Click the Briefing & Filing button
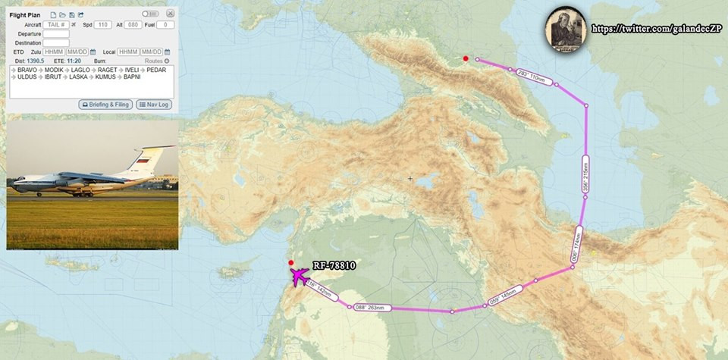coord(105,105)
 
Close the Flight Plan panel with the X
coord(170,14)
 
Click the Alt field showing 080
coord(132,25)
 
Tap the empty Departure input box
coord(56,34)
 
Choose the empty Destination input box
coord(56,43)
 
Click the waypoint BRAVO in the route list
coord(27,70)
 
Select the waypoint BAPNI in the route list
coord(132,77)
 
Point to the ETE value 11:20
coord(74,61)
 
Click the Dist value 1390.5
coord(35,61)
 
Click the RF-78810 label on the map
coord(334,266)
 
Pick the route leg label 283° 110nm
coord(531,77)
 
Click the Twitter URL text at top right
coord(657,29)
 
